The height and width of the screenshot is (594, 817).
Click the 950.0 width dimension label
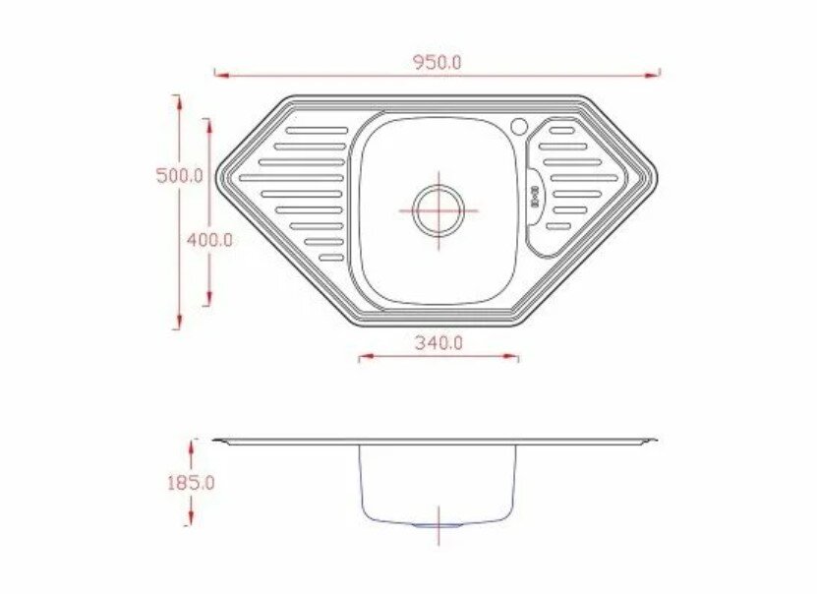438,63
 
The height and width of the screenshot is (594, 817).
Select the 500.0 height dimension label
180,176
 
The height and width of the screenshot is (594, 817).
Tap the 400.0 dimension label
209,240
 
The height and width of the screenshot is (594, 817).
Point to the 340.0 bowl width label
438,343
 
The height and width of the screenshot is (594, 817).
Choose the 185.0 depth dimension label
191,484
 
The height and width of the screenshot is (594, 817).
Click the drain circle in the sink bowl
438,210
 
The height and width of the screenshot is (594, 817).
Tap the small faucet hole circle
519,126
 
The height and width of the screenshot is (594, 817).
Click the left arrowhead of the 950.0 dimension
222,76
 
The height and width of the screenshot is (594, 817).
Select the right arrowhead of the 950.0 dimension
653,76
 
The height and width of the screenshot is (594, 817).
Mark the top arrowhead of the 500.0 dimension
179,103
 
